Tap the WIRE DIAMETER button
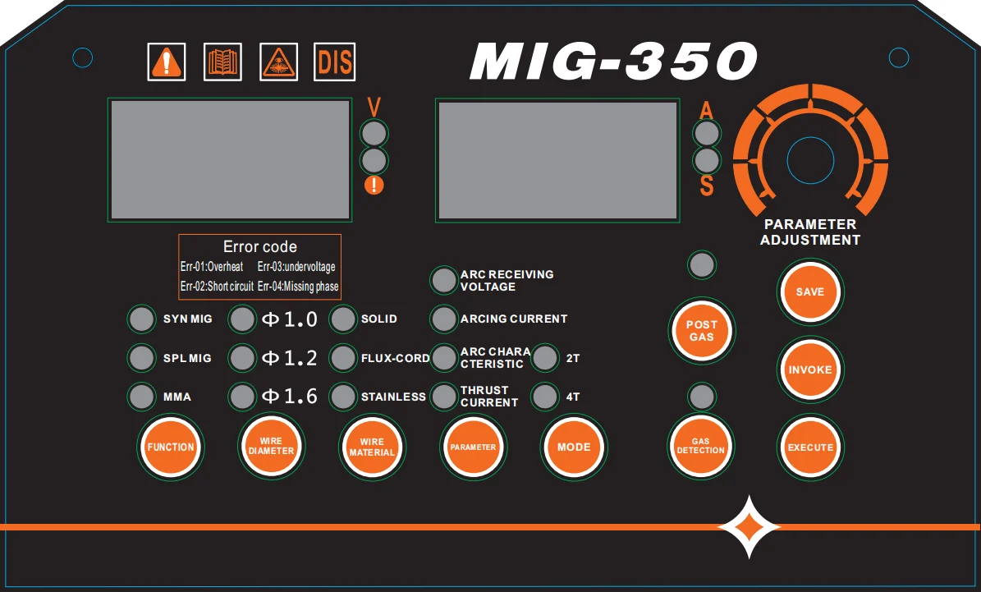(271, 447)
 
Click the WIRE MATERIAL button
(372, 447)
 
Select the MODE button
(573, 447)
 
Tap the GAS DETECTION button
(701, 447)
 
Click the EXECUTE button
(810, 447)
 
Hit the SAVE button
(810, 291)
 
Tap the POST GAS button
(701, 330)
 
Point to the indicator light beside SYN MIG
(142, 319)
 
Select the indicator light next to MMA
(142, 397)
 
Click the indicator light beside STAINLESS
(343, 397)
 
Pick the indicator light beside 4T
(545, 397)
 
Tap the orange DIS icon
(335, 62)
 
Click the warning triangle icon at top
(167, 62)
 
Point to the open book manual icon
(222, 62)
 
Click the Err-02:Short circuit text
(217, 287)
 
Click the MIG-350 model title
(612, 61)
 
